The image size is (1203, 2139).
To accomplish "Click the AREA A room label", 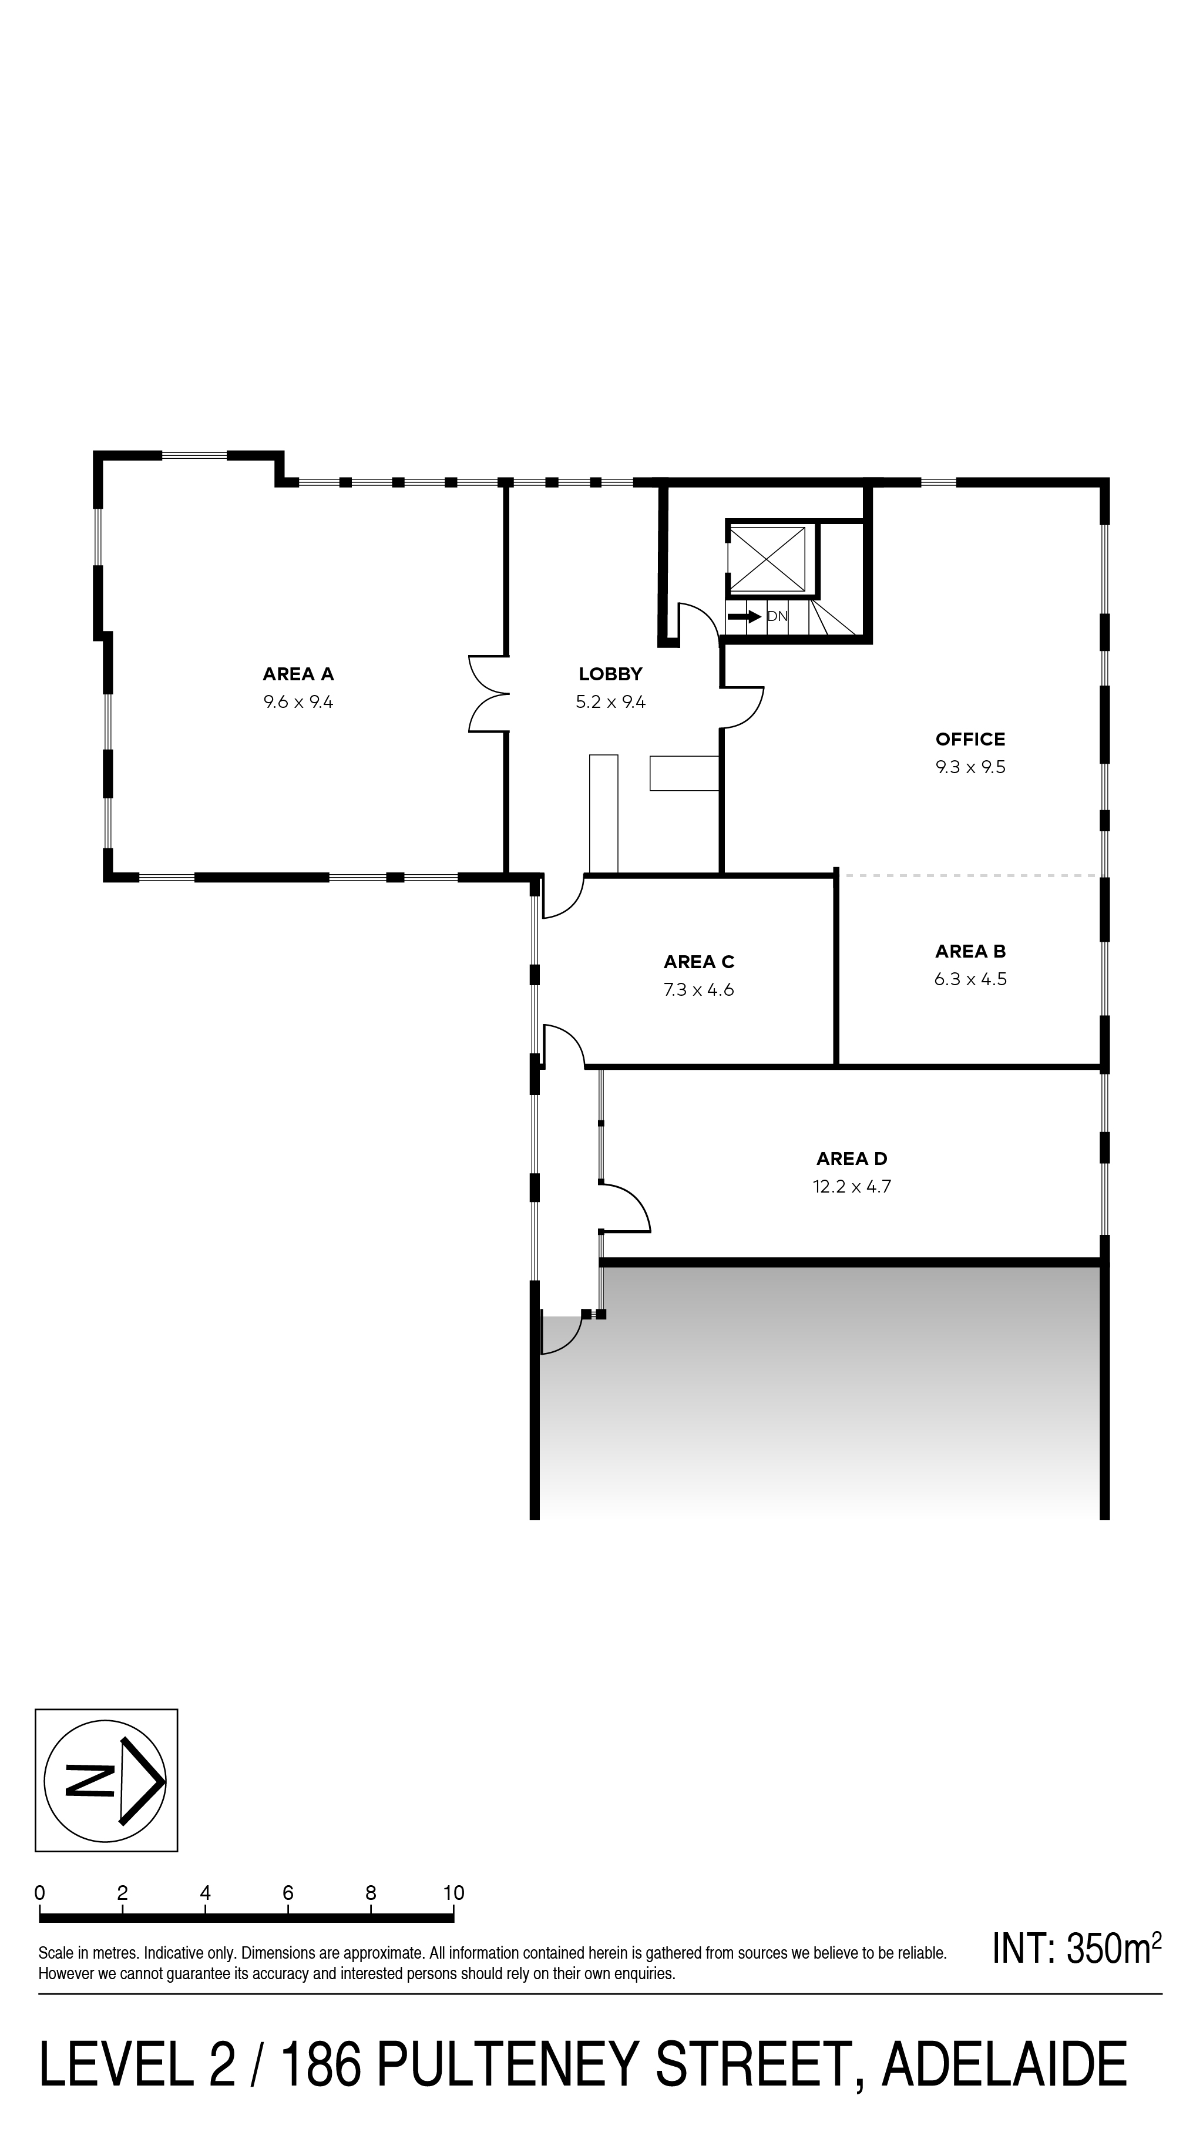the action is point(298,674).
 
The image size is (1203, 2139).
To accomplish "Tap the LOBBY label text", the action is point(610,674).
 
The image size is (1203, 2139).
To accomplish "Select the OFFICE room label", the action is point(970,739).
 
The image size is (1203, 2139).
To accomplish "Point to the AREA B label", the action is point(970,952).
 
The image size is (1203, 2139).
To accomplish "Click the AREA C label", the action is point(698,962).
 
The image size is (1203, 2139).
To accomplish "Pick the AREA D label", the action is point(852,1159).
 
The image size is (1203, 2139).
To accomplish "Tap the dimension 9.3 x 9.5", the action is point(970,767).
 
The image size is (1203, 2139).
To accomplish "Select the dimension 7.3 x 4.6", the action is point(698,990).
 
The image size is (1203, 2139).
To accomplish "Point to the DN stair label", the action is point(777,616).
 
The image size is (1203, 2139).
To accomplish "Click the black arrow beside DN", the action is point(744,616).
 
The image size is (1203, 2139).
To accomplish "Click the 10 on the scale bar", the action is point(453,1910).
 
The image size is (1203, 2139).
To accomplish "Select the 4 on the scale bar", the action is point(205,1910).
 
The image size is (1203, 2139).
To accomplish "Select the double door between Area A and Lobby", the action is point(489,694).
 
